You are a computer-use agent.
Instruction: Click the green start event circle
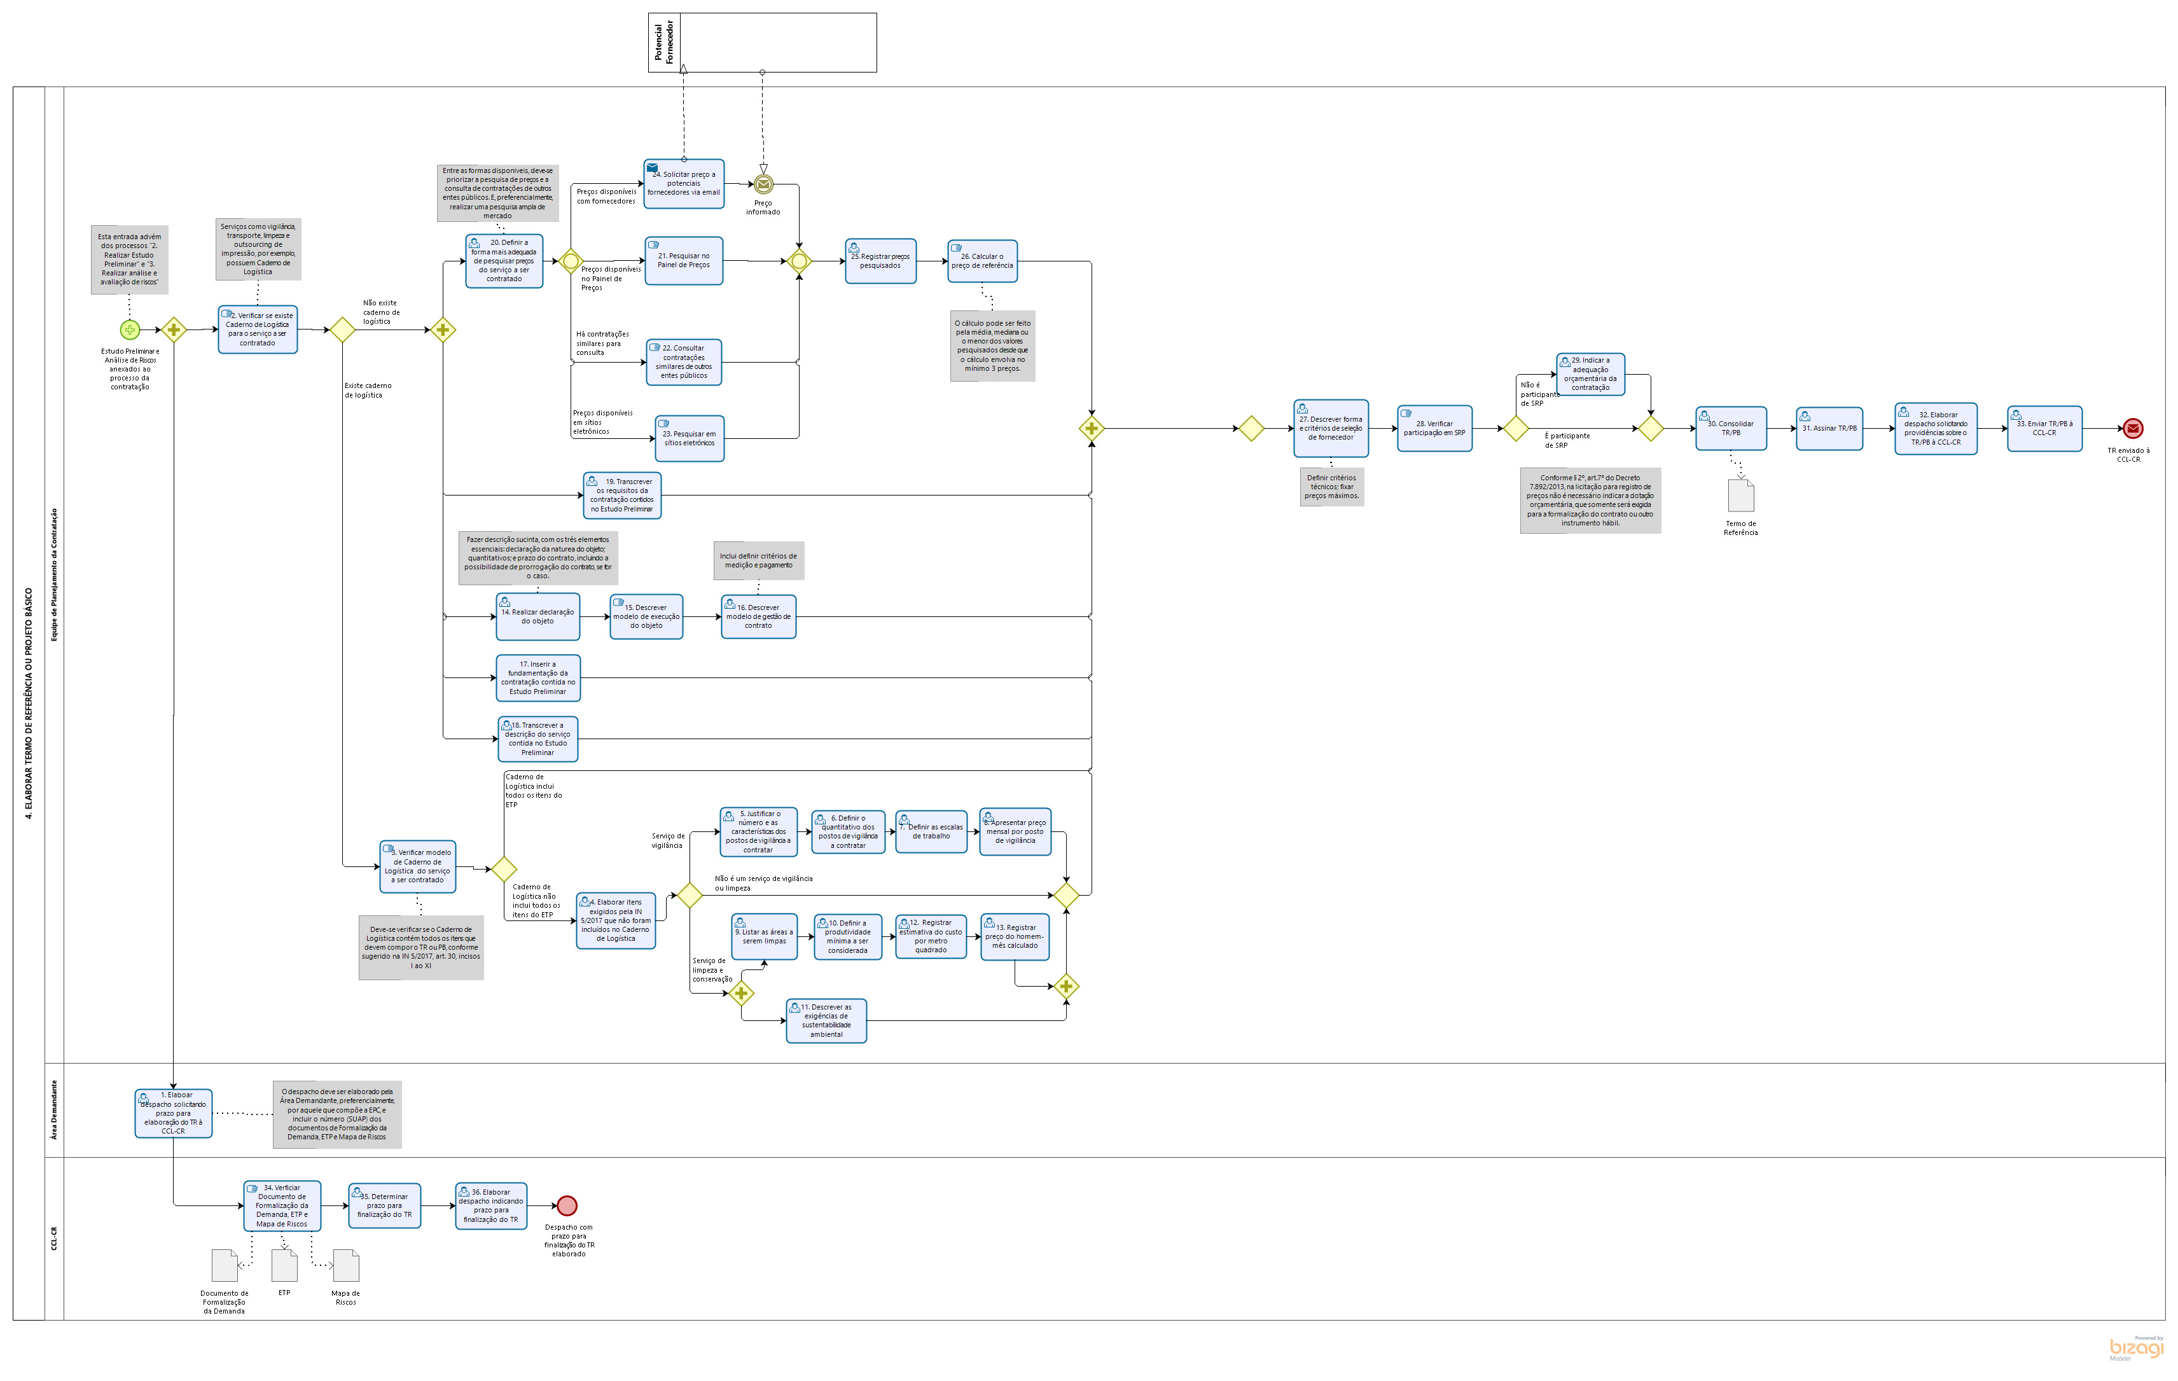click(129, 330)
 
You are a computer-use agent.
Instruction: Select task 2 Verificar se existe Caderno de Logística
click(258, 330)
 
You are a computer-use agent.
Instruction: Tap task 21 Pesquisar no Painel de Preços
click(684, 260)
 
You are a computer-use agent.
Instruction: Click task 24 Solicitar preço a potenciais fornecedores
click(684, 184)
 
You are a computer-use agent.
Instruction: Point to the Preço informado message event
click(763, 184)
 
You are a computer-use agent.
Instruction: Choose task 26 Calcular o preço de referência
click(982, 261)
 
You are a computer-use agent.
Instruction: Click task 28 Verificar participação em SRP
click(1434, 427)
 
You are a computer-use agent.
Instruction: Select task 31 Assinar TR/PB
click(1829, 427)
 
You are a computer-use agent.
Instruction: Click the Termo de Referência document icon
click(1740, 496)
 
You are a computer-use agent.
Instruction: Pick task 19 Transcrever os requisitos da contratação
click(622, 496)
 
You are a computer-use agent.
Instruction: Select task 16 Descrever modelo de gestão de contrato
click(758, 617)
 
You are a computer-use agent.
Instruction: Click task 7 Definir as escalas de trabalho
click(931, 831)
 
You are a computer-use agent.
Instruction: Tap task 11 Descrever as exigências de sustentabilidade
click(826, 1021)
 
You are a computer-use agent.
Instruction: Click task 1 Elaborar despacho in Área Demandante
click(174, 1113)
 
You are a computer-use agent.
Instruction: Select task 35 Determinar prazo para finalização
click(384, 1205)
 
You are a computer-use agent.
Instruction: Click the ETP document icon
click(284, 1265)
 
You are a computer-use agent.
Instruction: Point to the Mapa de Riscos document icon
click(345, 1266)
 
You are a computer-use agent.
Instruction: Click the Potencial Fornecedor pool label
click(664, 43)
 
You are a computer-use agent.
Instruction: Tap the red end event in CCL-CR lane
click(567, 1205)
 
